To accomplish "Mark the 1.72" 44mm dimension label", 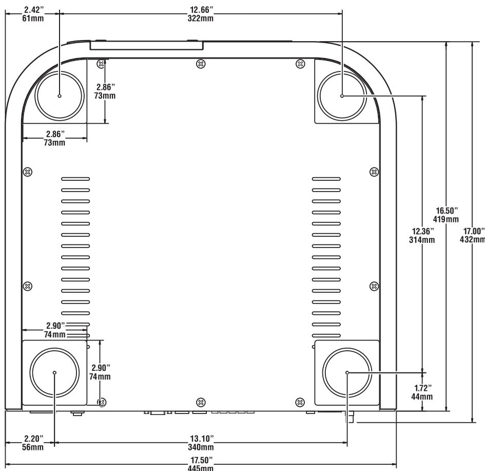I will pos(423,392).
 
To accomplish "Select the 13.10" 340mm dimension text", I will pos(200,442).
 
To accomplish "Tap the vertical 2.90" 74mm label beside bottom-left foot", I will pos(100,372).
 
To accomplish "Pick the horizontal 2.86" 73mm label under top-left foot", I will pos(55,139).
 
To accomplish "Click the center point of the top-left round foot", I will pos(60,96).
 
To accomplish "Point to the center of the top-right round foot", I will pos(342,96).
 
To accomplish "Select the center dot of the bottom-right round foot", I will pos(347,372).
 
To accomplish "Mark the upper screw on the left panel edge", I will pos(29,171).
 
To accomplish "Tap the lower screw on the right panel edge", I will pos(374,286).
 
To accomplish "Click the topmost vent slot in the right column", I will pos(326,179).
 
